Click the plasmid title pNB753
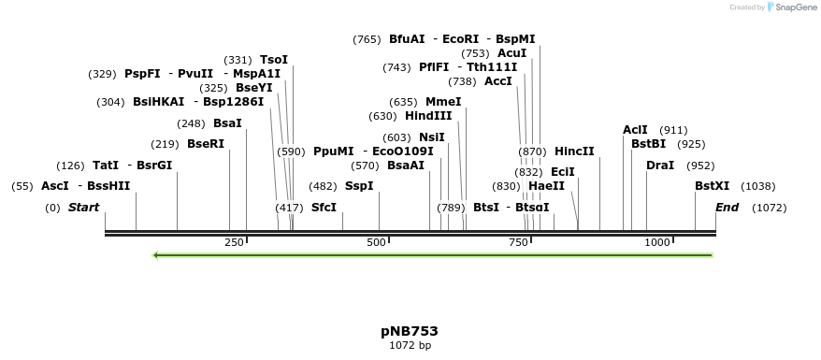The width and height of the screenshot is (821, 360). click(x=410, y=331)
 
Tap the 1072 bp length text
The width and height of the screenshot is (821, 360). click(x=410, y=346)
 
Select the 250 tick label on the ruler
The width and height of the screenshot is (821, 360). click(x=233, y=242)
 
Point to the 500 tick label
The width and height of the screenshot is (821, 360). click(x=375, y=242)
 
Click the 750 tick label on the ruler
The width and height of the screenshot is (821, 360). click(x=517, y=242)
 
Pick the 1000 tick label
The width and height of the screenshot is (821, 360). click(x=657, y=242)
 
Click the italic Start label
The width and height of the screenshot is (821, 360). click(x=83, y=207)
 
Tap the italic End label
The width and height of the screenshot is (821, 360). click(x=727, y=207)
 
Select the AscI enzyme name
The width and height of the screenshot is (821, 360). click(x=55, y=186)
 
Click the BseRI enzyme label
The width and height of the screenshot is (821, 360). click(x=206, y=144)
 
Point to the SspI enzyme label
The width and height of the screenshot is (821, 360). click(x=359, y=186)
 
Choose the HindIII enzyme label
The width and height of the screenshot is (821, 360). click(x=428, y=116)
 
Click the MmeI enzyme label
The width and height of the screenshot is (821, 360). click(x=443, y=102)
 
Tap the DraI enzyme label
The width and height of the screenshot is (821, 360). click(x=660, y=166)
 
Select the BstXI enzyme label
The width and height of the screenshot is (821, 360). click(x=713, y=186)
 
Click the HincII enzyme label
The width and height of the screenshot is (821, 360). click(x=574, y=151)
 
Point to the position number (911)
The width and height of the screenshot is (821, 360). click(x=673, y=130)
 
